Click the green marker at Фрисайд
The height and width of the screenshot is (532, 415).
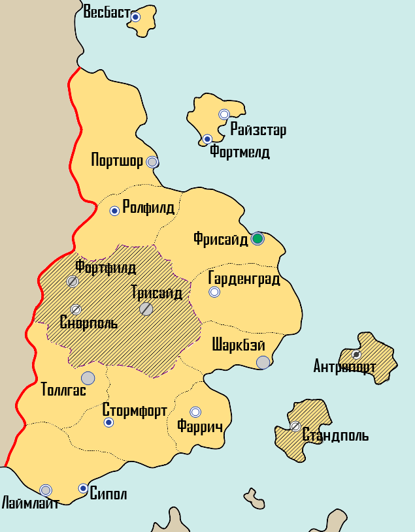pos(257,238)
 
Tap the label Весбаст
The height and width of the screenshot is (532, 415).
pos(107,12)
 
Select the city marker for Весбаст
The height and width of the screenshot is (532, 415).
pos(135,17)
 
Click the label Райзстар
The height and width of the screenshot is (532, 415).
pos(258,130)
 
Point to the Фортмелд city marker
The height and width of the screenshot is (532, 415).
pos(207,139)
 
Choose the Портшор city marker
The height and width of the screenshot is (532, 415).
pos(152,162)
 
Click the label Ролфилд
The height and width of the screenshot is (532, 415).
pos(148,208)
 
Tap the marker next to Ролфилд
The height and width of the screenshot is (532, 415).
pos(114,211)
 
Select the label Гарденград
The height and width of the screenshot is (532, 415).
pos(244,279)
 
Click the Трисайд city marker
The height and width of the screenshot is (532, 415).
pos(146,309)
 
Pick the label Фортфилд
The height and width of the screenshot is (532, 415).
pos(105,267)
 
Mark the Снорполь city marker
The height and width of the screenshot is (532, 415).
pos(76,309)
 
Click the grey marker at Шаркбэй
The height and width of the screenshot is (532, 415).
pos(263,362)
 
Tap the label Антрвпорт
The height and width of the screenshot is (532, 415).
pos(344,366)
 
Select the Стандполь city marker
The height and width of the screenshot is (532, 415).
pos(295,426)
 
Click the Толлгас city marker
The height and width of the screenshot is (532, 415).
pos(88,377)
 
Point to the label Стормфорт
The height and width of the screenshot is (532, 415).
pos(135,411)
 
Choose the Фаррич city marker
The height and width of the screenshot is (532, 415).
pos(195,412)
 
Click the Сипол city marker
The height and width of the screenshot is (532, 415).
pos(83,488)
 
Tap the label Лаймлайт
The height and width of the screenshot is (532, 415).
pos(30,503)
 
